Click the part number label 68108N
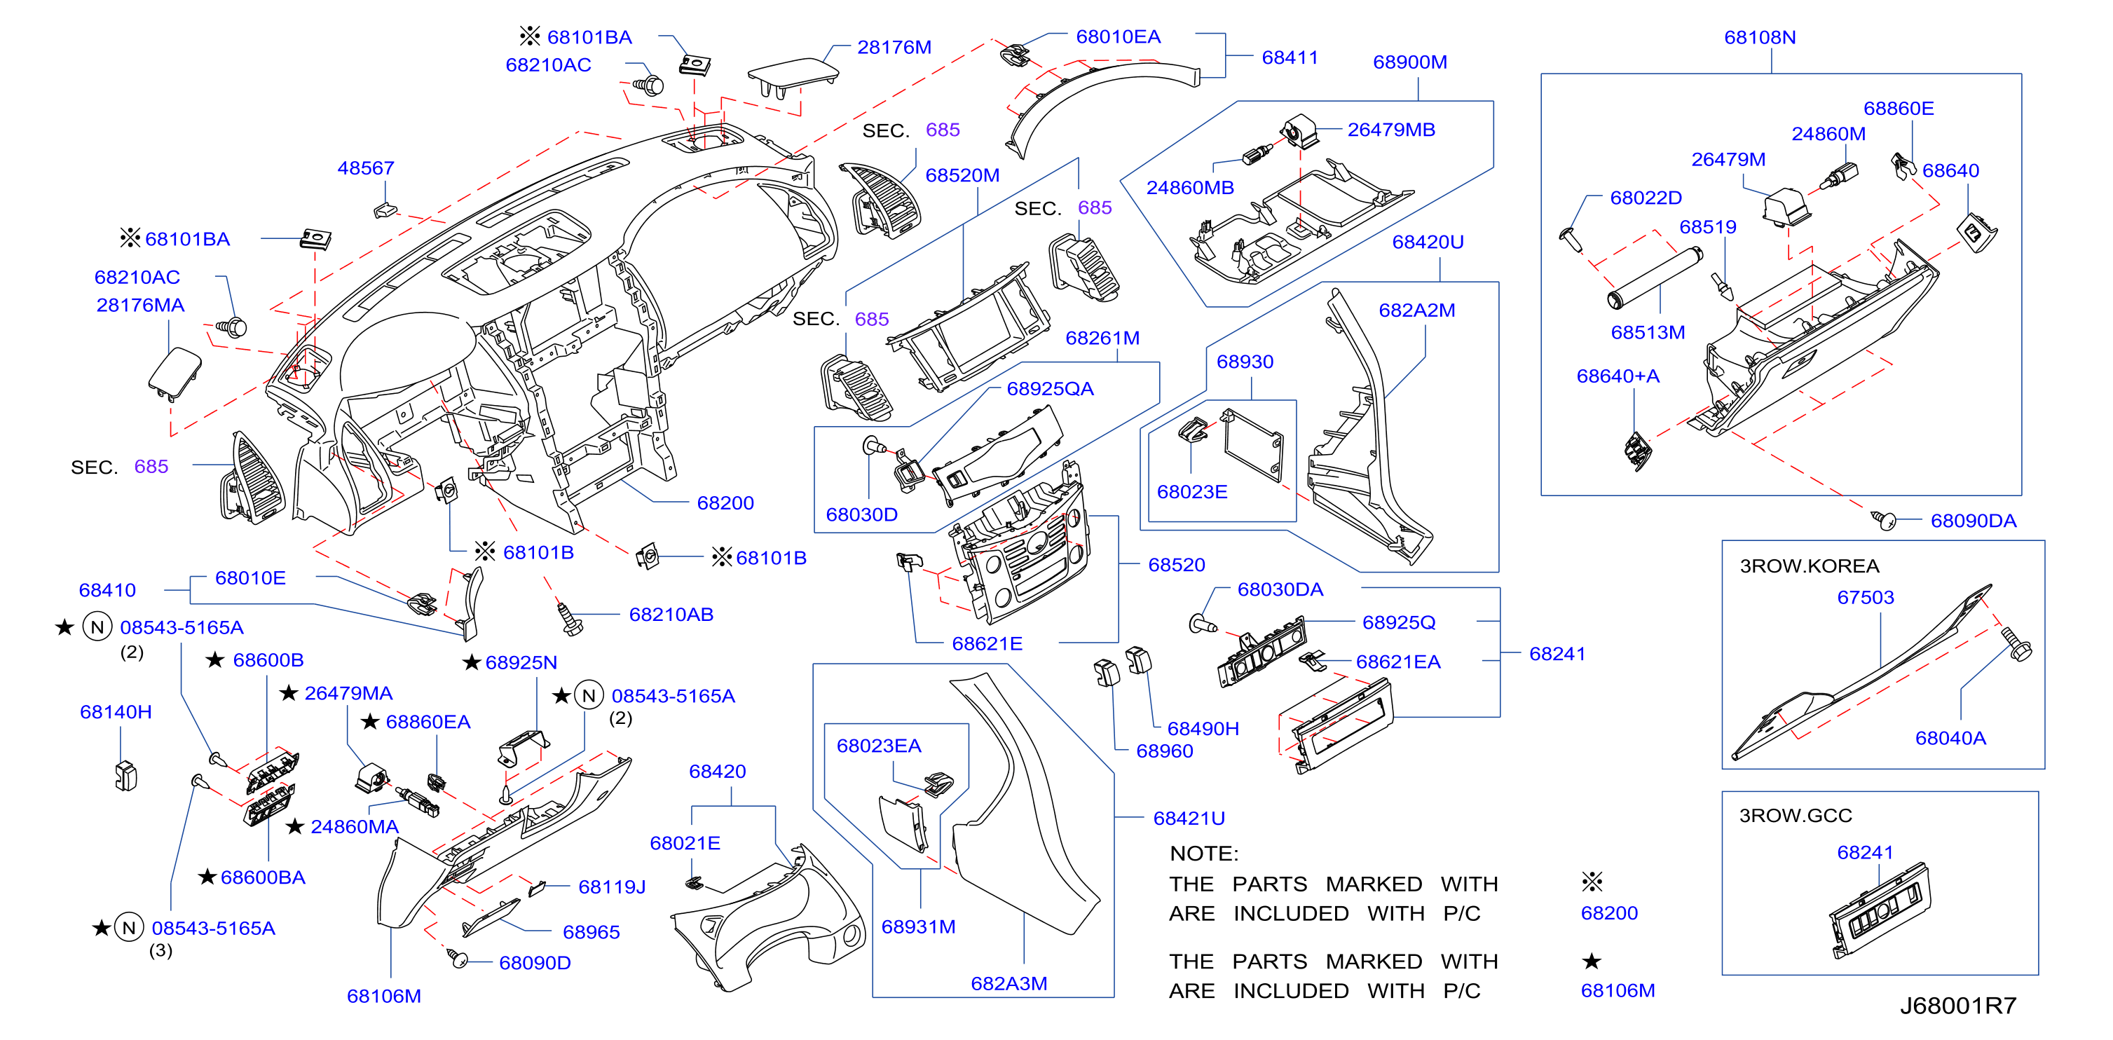coord(1760,38)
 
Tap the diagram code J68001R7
coord(1958,1006)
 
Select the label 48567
coord(366,168)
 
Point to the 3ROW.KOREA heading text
coord(1810,566)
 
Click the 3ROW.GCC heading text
coord(1796,815)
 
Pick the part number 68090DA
coord(1973,521)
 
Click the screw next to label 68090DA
coord(1883,519)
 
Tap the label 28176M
coord(894,48)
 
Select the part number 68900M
coord(1410,62)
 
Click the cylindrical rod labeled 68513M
coord(1655,279)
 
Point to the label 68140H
coord(116,712)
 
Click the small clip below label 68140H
coord(125,776)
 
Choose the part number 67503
coord(1866,598)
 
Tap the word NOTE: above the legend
coord(1204,854)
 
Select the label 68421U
coord(1189,819)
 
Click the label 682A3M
coord(1009,983)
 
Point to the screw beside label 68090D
coord(457,957)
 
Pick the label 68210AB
coord(671,615)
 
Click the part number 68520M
coord(962,175)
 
